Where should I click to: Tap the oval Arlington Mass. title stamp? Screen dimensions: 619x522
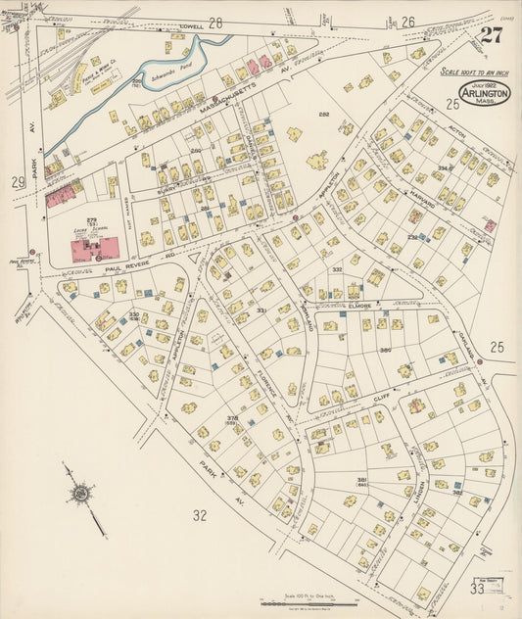pyautogui.click(x=484, y=92)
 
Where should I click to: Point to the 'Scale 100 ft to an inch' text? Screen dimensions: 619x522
pyautogui.click(x=476, y=71)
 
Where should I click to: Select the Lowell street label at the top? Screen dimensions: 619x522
pyautogui.click(x=192, y=26)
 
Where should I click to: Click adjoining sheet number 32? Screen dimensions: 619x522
pyautogui.click(x=200, y=514)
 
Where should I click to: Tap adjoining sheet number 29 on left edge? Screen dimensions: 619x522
pyautogui.click(x=17, y=182)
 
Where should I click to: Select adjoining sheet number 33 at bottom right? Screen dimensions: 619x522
pyautogui.click(x=477, y=588)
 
